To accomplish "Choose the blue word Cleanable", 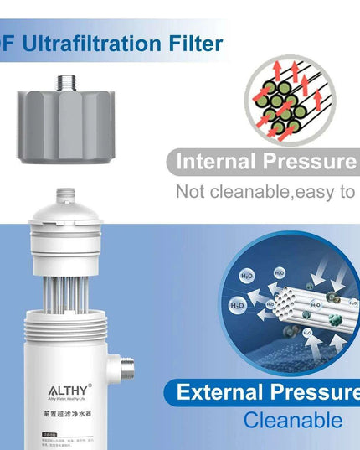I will tap(292, 420).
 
